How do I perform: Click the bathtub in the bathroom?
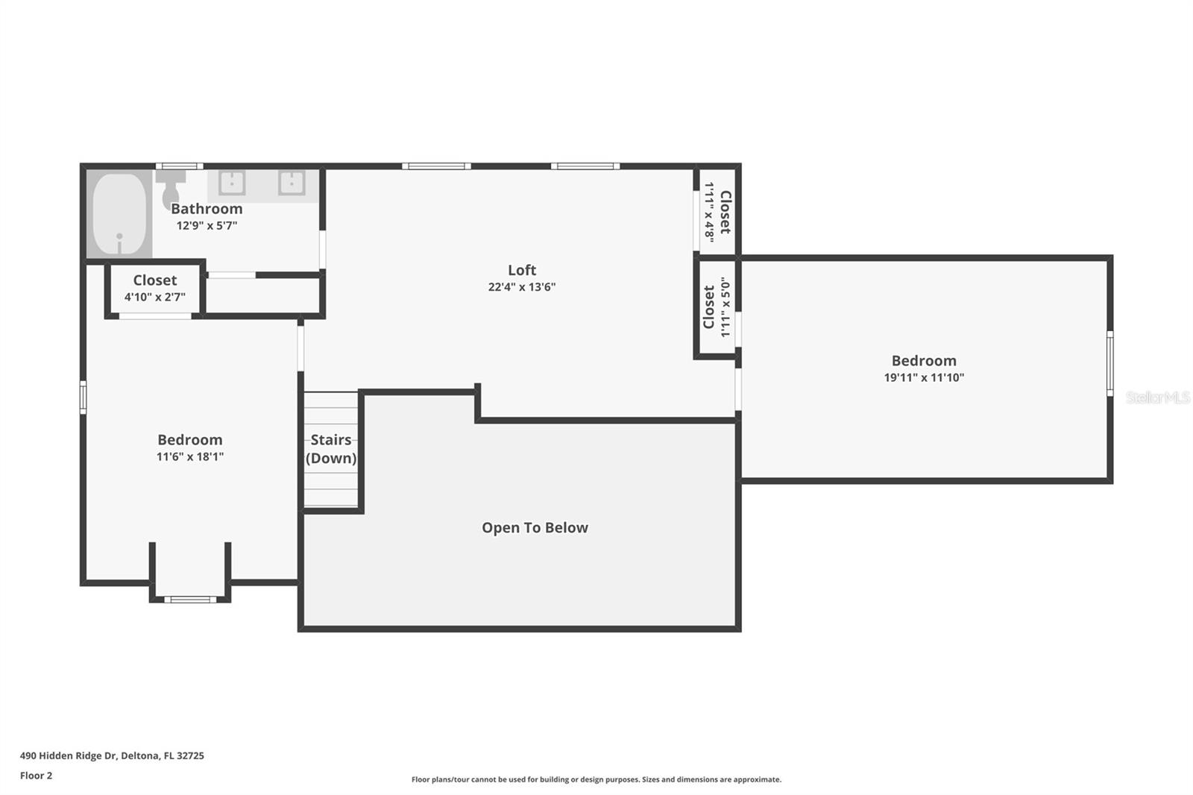pyautogui.click(x=119, y=213)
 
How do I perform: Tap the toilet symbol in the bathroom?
pyautogui.click(x=169, y=189)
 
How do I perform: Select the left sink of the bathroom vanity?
pyautogui.click(x=232, y=183)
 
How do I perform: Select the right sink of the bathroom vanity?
pyautogui.click(x=291, y=183)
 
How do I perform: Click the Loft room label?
pyautogui.click(x=522, y=270)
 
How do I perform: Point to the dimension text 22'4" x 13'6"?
pyautogui.click(x=522, y=287)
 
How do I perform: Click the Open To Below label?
pyautogui.click(x=535, y=528)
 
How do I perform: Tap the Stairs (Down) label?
pyautogui.click(x=331, y=449)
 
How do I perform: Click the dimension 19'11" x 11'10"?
pyautogui.click(x=924, y=377)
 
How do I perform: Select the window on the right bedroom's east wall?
pyautogui.click(x=1109, y=363)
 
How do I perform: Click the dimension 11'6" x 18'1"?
pyautogui.click(x=190, y=456)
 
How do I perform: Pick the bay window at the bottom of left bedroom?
pyautogui.click(x=190, y=599)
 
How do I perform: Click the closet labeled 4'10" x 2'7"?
pyautogui.click(x=155, y=288)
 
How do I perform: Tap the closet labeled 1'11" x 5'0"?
pyautogui.click(x=715, y=307)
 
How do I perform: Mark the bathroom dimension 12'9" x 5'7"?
pyautogui.click(x=207, y=225)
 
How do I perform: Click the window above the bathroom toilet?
pyautogui.click(x=179, y=166)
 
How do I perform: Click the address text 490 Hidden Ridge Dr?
pyautogui.click(x=112, y=755)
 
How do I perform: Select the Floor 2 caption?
pyautogui.click(x=36, y=776)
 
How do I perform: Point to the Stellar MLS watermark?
pyautogui.click(x=1157, y=397)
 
